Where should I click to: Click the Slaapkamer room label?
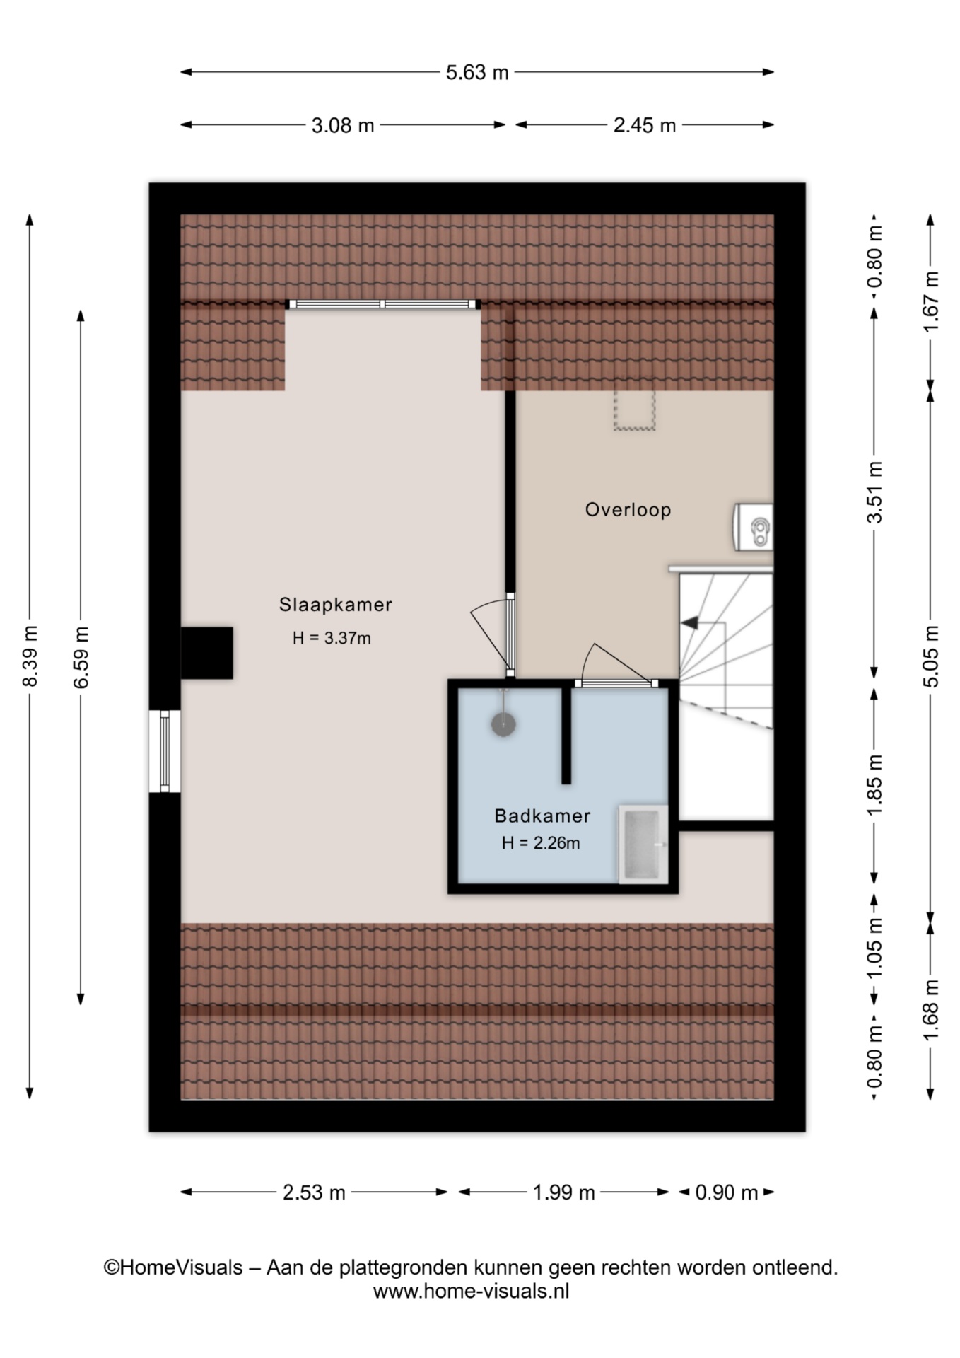tap(335, 605)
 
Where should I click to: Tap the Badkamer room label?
tap(542, 816)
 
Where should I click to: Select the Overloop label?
tap(628, 510)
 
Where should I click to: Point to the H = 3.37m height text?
tap(332, 638)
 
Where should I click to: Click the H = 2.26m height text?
tap(541, 843)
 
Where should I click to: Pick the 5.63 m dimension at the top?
tap(477, 73)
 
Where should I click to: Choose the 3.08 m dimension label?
tap(343, 126)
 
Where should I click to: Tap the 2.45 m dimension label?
tap(645, 126)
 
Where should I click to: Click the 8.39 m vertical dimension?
tap(30, 656)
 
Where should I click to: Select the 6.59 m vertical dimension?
tap(81, 657)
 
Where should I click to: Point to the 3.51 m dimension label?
tap(875, 492)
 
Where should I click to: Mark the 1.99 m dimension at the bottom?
tap(563, 1193)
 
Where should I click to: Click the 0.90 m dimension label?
tap(727, 1193)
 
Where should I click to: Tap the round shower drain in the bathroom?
tap(503, 724)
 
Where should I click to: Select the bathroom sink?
tap(643, 844)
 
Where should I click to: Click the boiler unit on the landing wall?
tap(754, 527)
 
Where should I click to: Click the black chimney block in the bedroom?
tap(206, 653)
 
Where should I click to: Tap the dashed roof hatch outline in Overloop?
tap(636, 410)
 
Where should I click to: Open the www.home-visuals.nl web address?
tap(471, 1292)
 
